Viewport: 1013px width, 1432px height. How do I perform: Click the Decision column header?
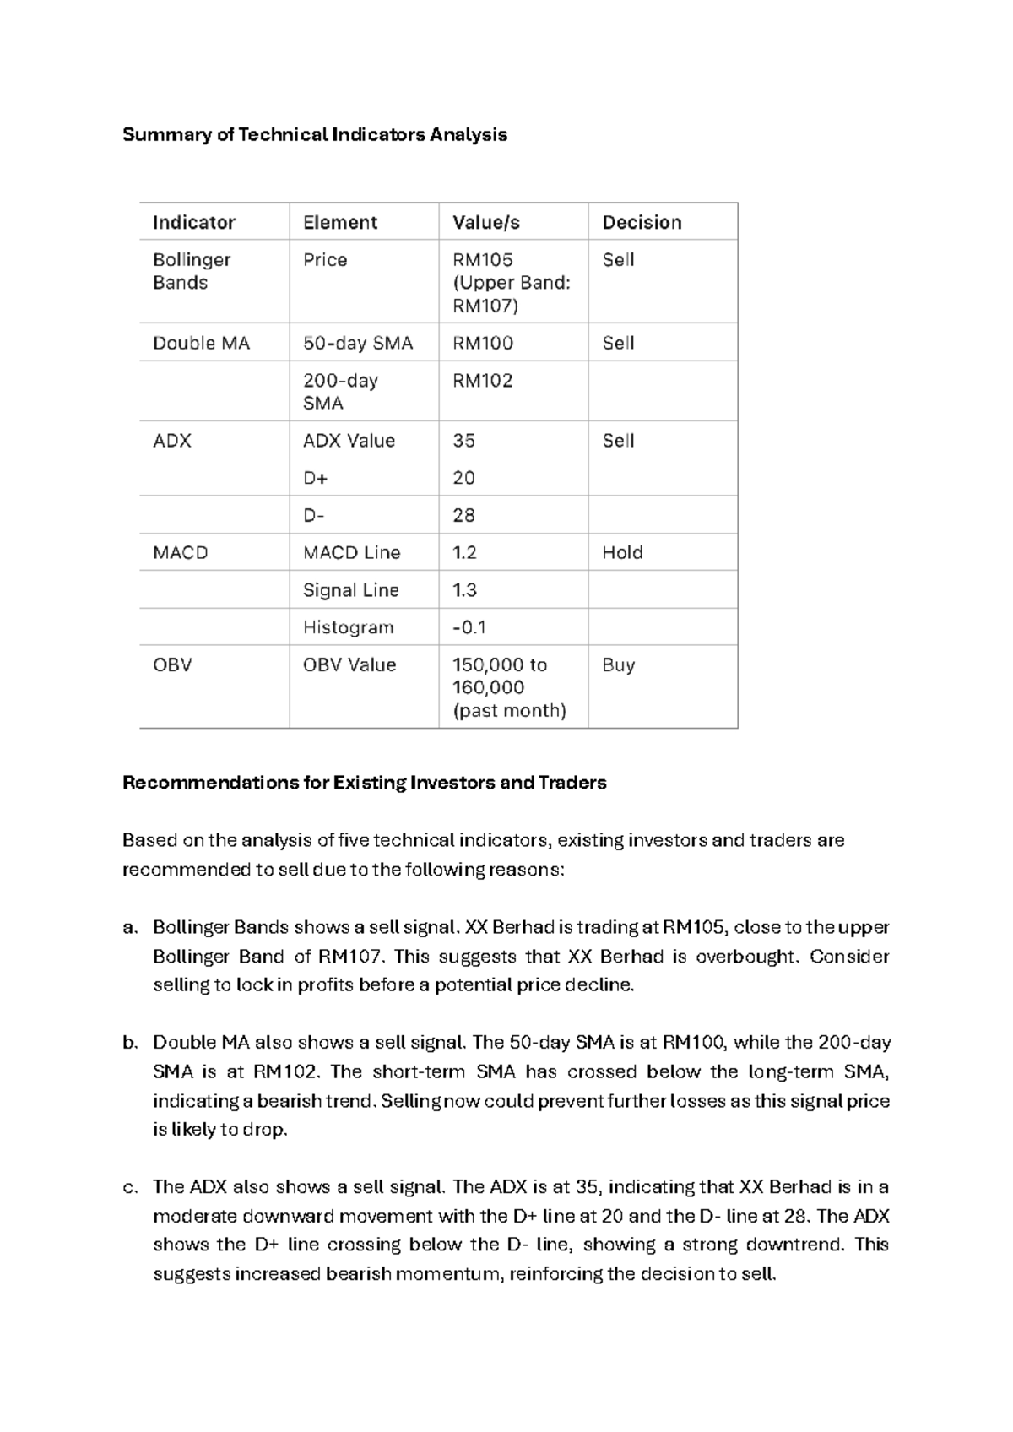pyautogui.click(x=641, y=222)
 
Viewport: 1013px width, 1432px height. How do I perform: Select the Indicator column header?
pyautogui.click(x=193, y=222)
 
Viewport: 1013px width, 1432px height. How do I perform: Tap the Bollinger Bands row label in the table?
pyautogui.click(x=191, y=271)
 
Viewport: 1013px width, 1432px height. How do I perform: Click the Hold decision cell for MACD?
pyautogui.click(x=622, y=552)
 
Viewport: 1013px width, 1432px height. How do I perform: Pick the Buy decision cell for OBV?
pyautogui.click(x=618, y=664)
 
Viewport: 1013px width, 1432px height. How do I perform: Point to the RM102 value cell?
pyautogui.click(x=482, y=381)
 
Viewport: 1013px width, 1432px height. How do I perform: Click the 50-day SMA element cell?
pyautogui.click(x=358, y=343)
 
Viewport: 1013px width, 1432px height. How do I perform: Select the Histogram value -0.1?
pyautogui.click(x=469, y=627)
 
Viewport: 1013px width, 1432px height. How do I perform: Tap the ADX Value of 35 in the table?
pyautogui.click(x=463, y=441)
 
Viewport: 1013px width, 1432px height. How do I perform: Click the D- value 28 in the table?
pyautogui.click(x=463, y=515)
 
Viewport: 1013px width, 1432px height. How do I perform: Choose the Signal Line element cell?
pyautogui.click(x=350, y=590)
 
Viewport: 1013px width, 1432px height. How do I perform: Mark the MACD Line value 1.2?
pyautogui.click(x=464, y=552)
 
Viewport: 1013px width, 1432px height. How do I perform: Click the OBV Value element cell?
pyautogui.click(x=349, y=664)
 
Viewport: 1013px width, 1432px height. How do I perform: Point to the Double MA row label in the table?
pyautogui.click(x=201, y=343)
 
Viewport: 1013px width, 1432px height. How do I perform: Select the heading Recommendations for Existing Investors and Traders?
pyautogui.click(x=364, y=783)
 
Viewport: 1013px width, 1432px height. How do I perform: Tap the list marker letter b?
pyautogui.click(x=129, y=1043)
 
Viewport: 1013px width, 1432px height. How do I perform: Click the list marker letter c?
pyautogui.click(x=129, y=1187)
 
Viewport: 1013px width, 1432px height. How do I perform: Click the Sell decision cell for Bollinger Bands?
pyautogui.click(x=617, y=260)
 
